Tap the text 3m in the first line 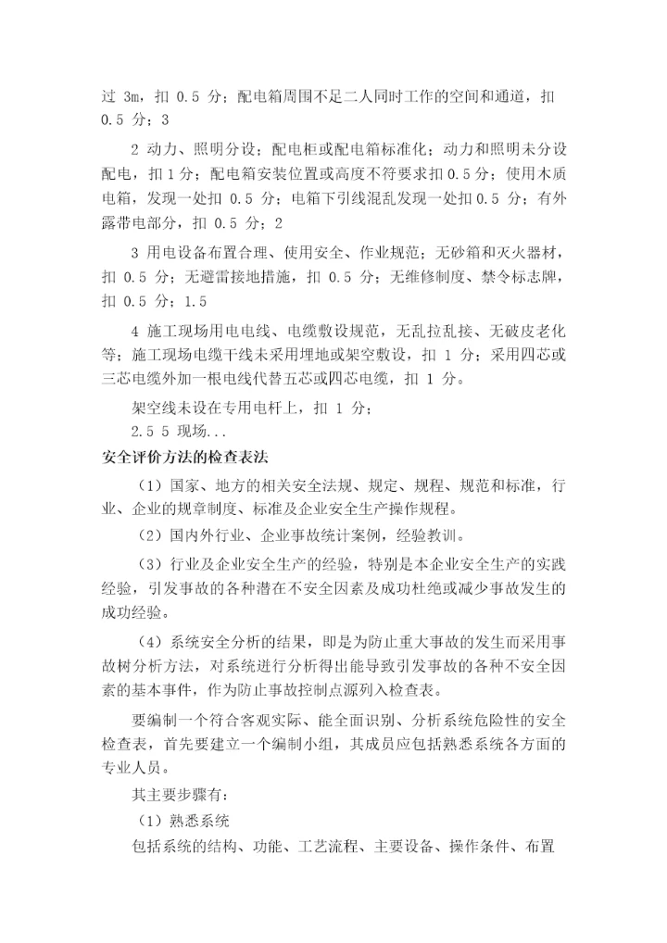pyautogui.click(x=132, y=96)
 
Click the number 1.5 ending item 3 pyautogui.click(x=196, y=302)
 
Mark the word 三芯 pyautogui.click(x=117, y=378)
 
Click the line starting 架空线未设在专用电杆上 pyautogui.click(x=252, y=408)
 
